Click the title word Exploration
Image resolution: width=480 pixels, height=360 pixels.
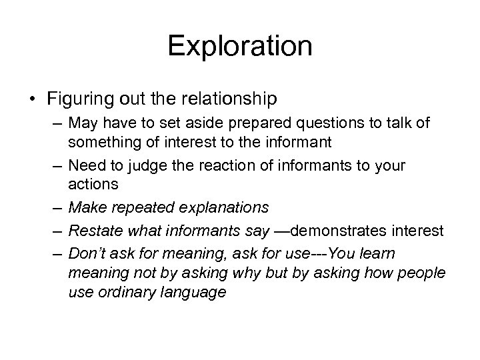pos(239,46)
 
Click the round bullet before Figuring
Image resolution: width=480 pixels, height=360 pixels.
pos(33,99)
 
